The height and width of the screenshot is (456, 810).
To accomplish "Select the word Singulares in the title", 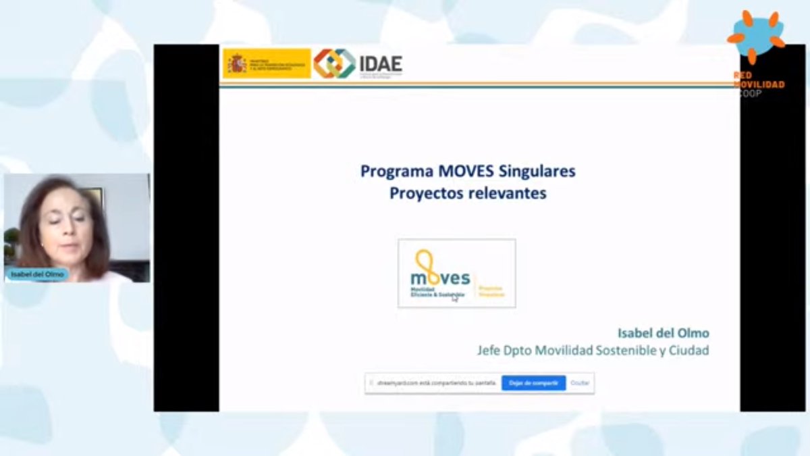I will (x=538, y=171).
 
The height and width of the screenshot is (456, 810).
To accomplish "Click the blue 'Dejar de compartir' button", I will (x=533, y=383).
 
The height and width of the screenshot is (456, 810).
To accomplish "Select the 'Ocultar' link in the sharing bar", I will (x=580, y=383).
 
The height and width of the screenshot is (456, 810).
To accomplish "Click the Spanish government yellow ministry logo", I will (x=267, y=64).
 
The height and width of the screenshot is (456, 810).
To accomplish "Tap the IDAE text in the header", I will (x=381, y=64).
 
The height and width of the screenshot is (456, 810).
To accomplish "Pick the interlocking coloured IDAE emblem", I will (x=334, y=64).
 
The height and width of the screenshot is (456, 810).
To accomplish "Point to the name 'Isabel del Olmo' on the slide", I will (x=664, y=333).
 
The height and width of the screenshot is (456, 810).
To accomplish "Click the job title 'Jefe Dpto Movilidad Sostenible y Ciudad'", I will (x=593, y=351).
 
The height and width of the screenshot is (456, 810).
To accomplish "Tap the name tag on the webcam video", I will (x=36, y=275).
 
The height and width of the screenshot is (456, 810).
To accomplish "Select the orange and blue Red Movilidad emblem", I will (x=757, y=36).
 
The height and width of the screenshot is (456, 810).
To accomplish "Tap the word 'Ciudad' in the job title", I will (x=690, y=351).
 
